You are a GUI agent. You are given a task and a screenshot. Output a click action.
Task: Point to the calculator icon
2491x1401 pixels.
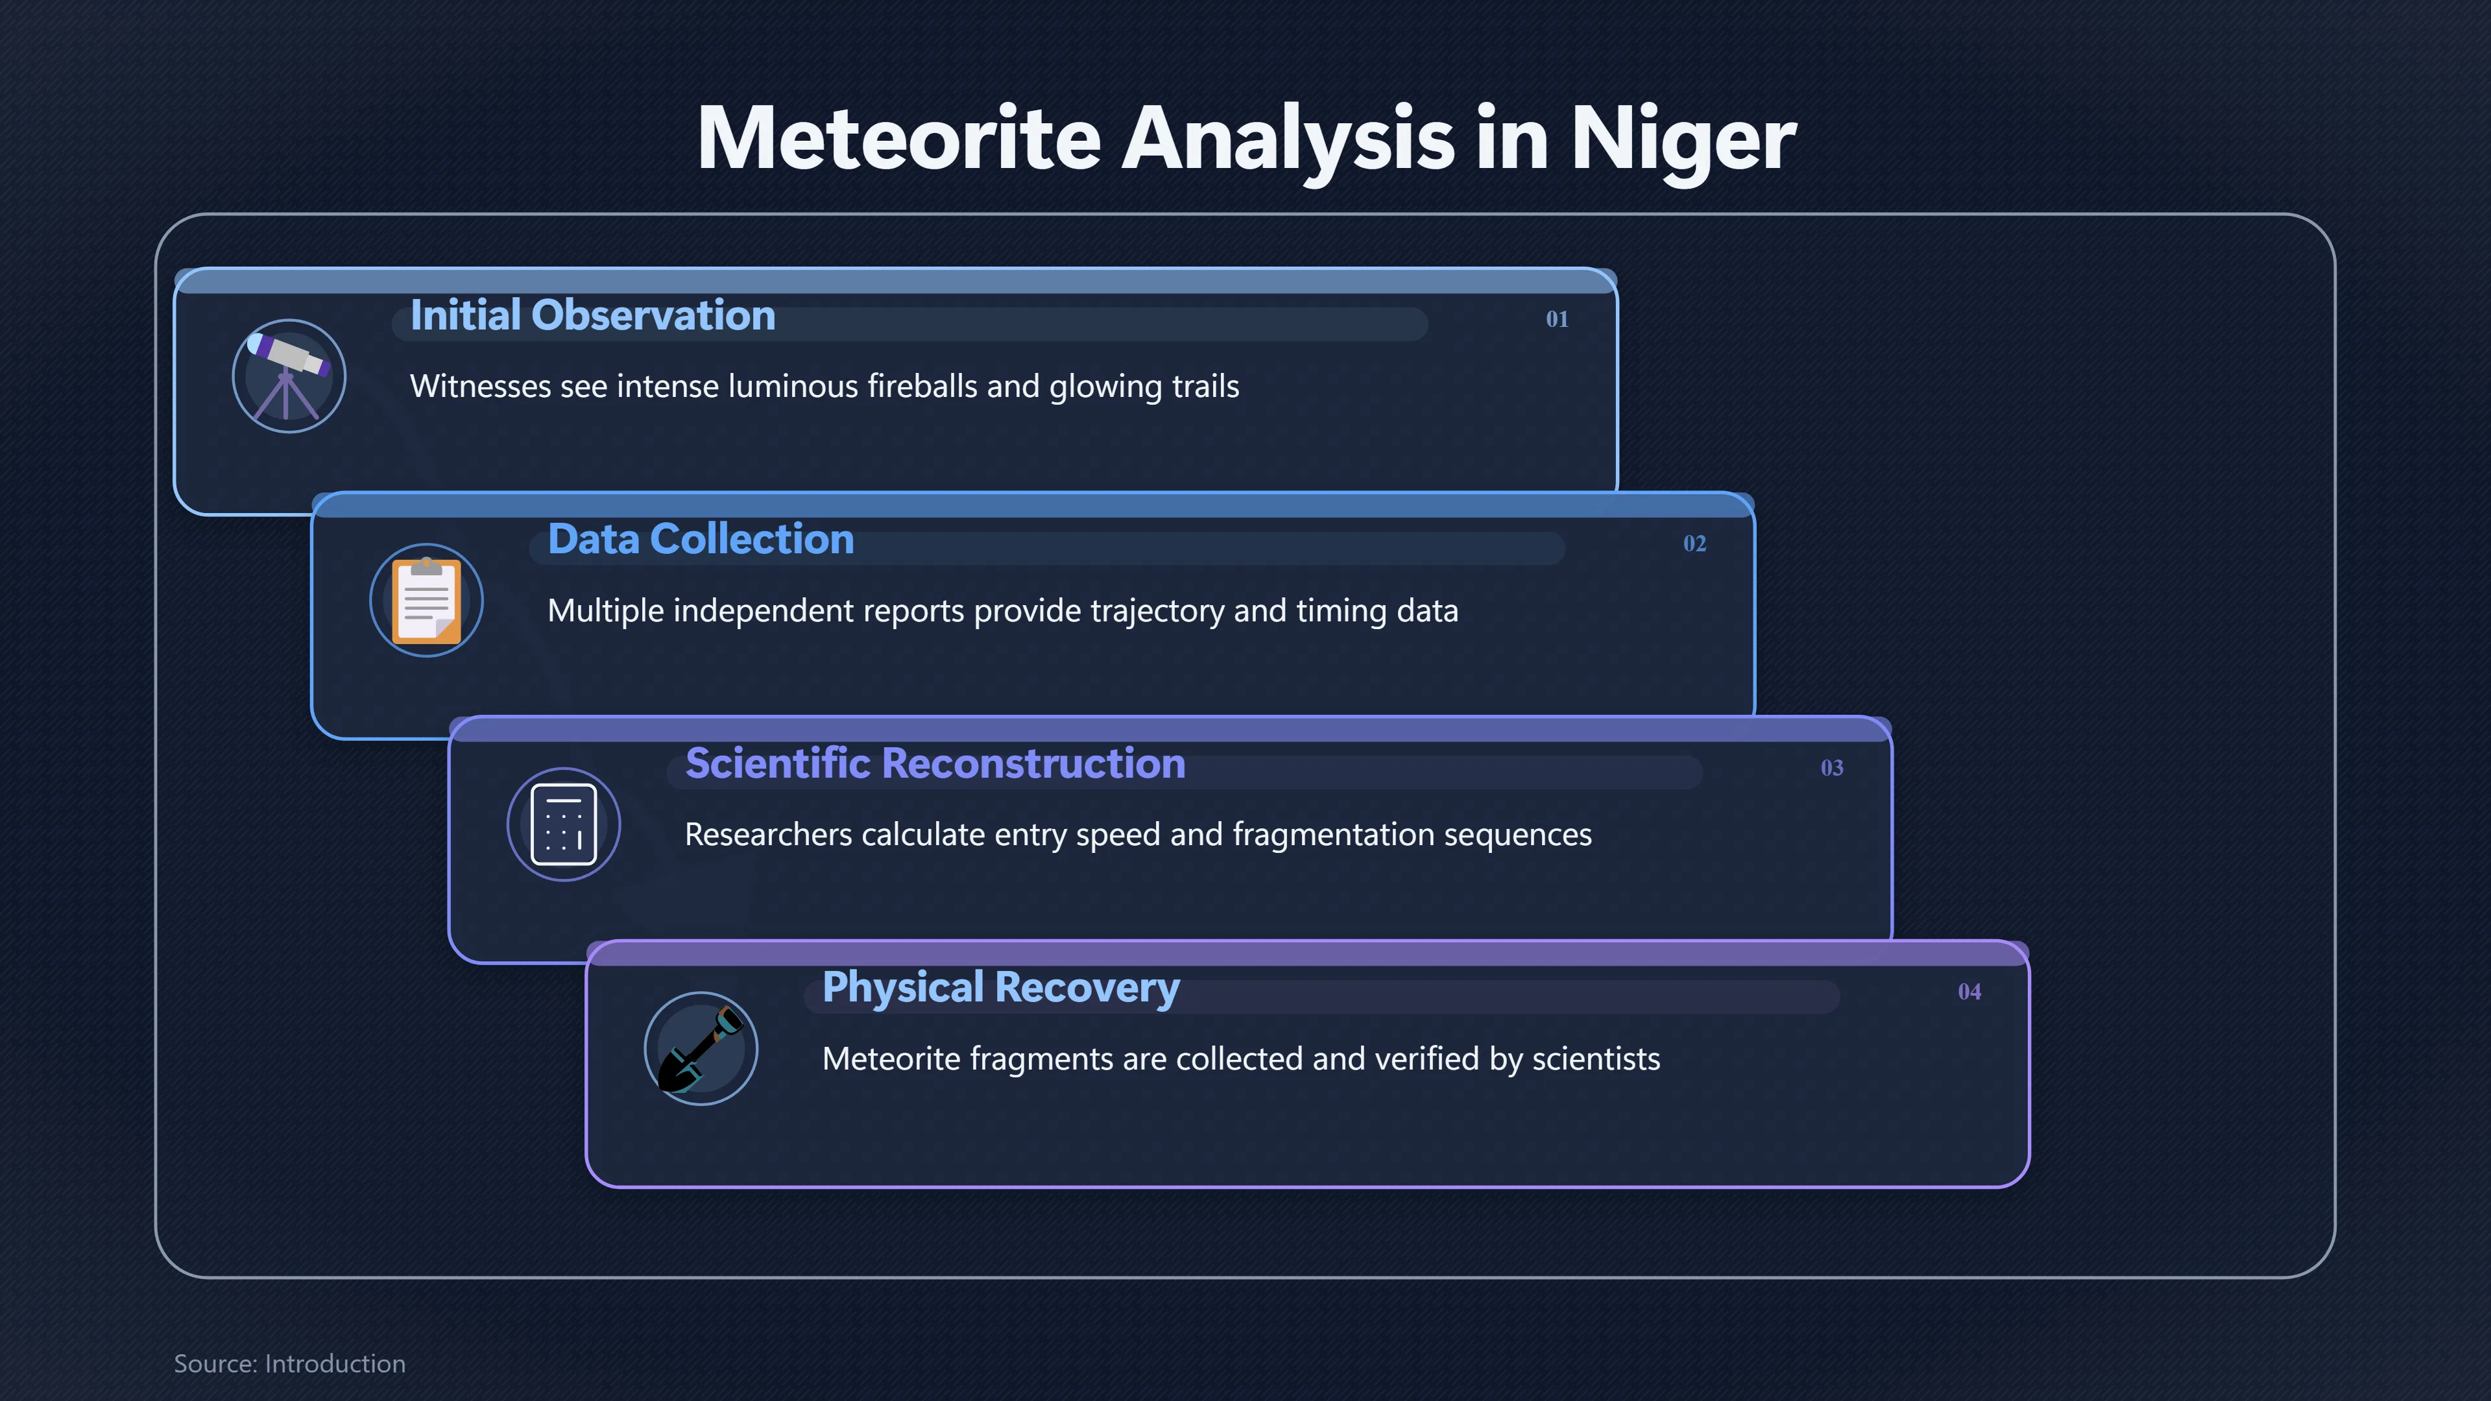(564, 824)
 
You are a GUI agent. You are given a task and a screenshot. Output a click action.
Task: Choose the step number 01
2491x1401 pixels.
(1557, 319)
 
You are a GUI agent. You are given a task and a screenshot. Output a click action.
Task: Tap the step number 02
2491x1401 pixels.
(1694, 544)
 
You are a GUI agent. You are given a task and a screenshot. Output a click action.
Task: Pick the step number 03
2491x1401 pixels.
(1831, 768)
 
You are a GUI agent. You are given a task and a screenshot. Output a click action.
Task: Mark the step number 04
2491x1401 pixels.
(1969, 992)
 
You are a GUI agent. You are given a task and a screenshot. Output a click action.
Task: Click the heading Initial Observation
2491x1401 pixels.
(593, 315)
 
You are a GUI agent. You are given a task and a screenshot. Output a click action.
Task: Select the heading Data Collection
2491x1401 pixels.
(701, 540)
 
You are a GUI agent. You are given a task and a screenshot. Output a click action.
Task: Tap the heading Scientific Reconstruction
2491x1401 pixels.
(935, 764)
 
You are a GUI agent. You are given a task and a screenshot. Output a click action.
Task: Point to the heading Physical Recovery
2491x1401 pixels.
(1001, 988)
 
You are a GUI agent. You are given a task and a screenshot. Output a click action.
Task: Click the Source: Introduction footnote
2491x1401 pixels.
(289, 1363)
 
